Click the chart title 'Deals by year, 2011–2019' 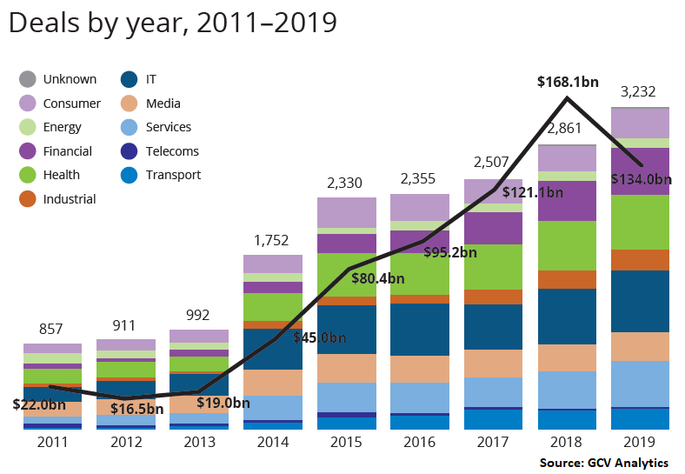click(x=172, y=23)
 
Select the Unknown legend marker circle click(x=27, y=79)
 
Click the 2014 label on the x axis click(x=272, y=441)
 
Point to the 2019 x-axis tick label click(x=640, y=441)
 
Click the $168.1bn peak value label click(x=568, y=83)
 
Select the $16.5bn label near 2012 click(x=136, y=409)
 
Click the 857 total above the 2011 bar click(x=52, y=328)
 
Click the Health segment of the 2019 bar click(x=640, y=222)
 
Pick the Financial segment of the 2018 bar click(x=567, y=200)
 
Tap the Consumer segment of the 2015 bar click(x=346, y=212)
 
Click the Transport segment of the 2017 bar click(x=493, y=419)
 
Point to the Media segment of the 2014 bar click(x=272, y=383)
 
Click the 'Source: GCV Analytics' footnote click(x=603, y=462)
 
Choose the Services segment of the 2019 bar click(x=640, y=384)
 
